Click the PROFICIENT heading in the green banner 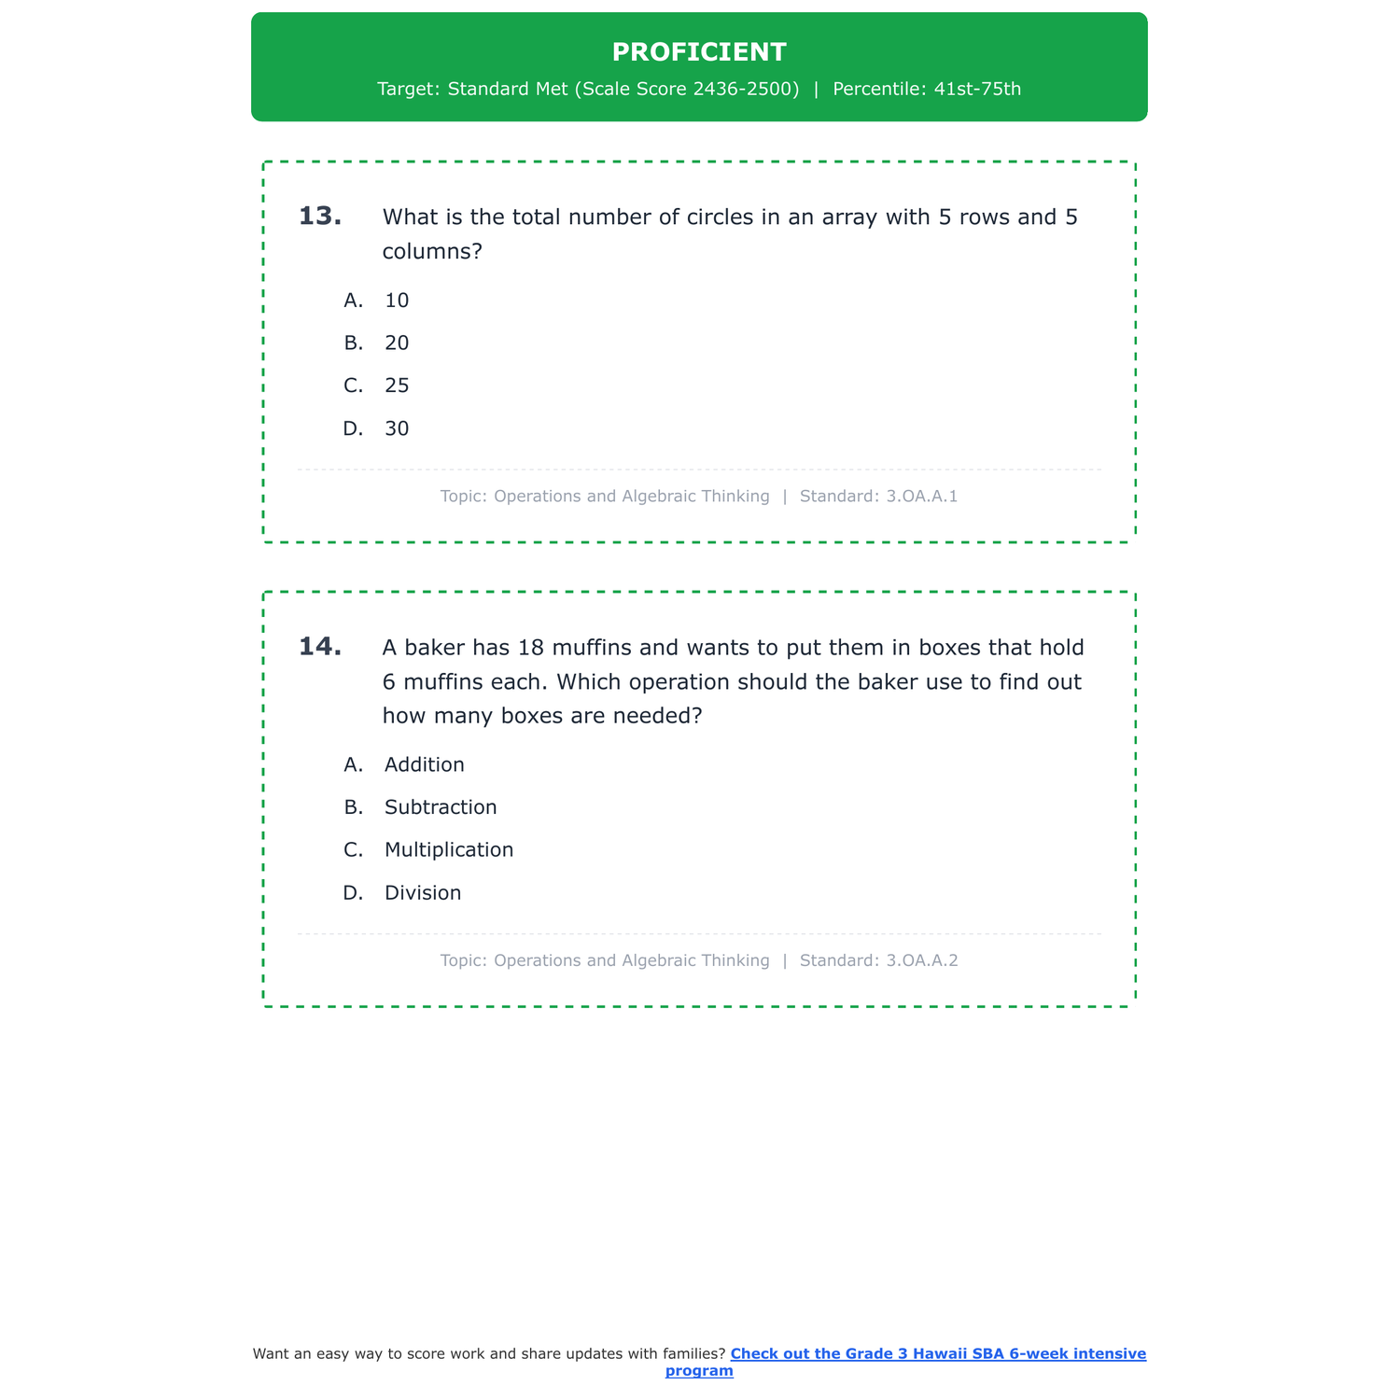[x=699, y=52]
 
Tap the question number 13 [x=319, y=217]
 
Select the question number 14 [x=319, y=647]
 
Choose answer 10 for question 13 [x=397, y=301]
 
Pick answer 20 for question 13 [x=397, y=343]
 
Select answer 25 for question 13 [x=397, y=386]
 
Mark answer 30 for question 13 [x=397, y=429]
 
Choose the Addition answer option [x=424, y=765]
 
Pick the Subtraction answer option [x=441, y=807]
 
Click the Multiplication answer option [x=449, y=850]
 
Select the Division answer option [x=423, y=893]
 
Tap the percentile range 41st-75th [x=977, y=90]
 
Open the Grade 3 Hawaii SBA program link [x=938, y=1354]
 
